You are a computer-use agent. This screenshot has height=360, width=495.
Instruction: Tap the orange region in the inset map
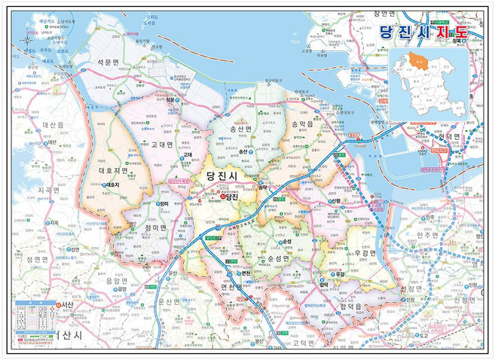pos(423,57)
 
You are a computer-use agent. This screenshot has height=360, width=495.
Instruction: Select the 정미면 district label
pos(139,225)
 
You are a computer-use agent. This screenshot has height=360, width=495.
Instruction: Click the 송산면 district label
pos(246,130)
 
